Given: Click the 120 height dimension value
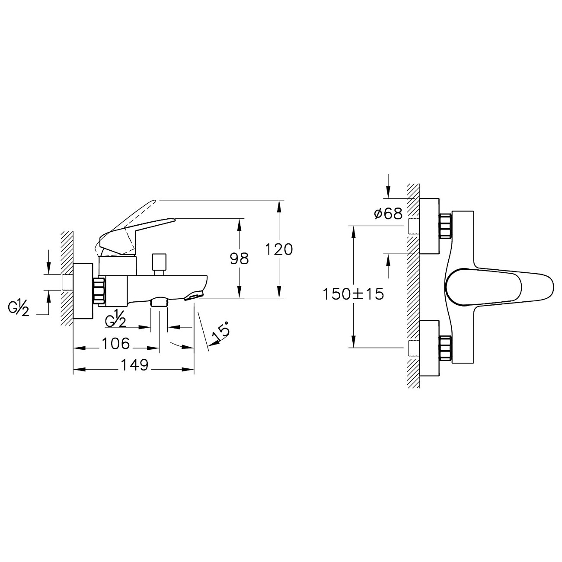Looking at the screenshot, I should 279,249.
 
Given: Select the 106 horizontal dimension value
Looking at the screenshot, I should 115,344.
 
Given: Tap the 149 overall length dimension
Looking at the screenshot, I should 134,365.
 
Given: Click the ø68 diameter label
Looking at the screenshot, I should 388,213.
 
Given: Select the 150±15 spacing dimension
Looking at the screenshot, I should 353,294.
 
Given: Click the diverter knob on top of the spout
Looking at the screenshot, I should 159,264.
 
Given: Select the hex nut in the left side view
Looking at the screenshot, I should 99,291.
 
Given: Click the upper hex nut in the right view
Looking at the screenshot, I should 445,226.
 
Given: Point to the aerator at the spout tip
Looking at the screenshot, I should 193,296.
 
